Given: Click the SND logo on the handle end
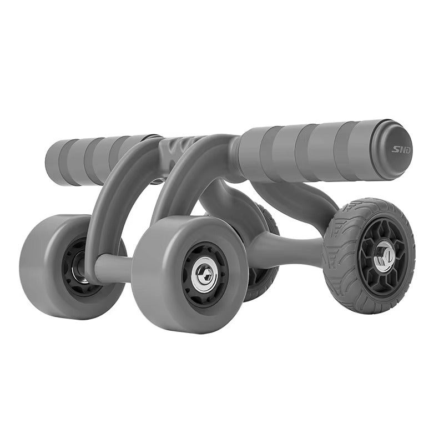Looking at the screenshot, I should click(x=401, y=149).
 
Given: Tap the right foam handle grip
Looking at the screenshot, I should click(x=311, y=152).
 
